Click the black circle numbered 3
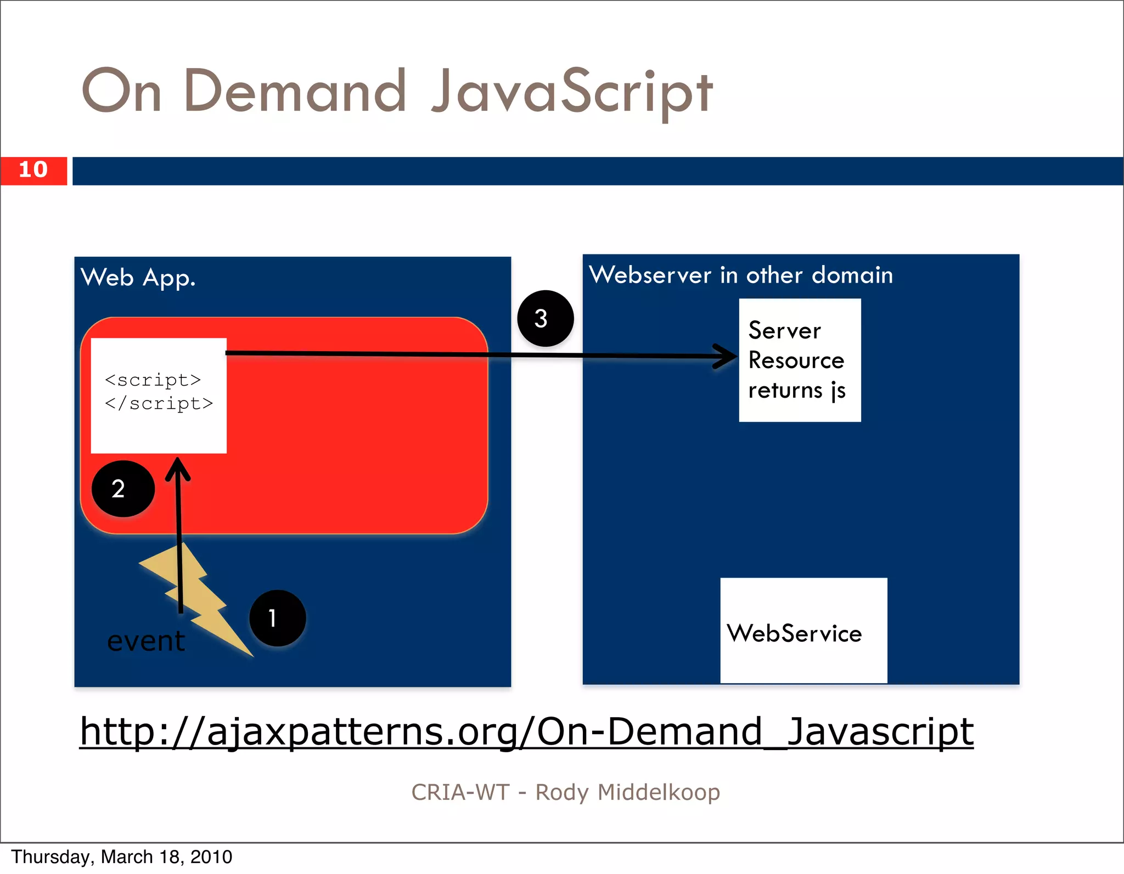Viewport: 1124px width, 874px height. (x=545, y=318)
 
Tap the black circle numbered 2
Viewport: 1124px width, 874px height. (x=123, y=488)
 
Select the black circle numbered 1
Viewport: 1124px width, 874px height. (x=277, y=618)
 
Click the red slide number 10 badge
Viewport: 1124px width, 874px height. (x=33, y=170)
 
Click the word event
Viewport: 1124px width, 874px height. (x=146, y=641)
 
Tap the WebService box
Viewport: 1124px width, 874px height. (x=803, y=631)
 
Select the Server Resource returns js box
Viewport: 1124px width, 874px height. (x=800, y=360)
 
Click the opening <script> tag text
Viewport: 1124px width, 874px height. (x=153, y=380)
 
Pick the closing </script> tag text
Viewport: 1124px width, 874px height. (x=159, y=403)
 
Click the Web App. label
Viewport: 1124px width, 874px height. (x=138, y=278)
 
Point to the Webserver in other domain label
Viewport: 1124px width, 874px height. (x=740, y=275)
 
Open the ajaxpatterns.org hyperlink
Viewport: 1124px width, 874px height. (x=526, y=731)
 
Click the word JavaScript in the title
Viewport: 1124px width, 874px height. (x=572, y=92)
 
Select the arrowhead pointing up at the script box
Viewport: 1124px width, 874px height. (x=178, y=467)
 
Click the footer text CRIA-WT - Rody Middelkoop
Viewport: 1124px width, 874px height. (x=565, y=792)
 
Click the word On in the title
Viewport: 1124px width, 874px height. (x=121, y=91)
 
